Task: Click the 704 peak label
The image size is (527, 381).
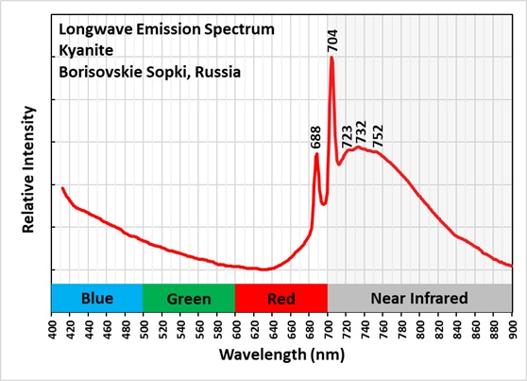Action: pyautogui.click(x=332, y=40)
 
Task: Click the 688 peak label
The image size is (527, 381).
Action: pyautogui.click(x=316, y=139)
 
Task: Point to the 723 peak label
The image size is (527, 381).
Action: pyautogui.click(x=347, y=133)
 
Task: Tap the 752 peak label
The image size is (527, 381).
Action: pyautogui.click(x=379, y=134)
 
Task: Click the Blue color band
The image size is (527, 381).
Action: pyautogui.click(x=96, y=299)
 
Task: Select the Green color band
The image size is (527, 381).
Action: pyautogui.click(x=189, y=299)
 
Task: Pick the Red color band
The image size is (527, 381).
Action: pyautogui.click(x=280, y=299)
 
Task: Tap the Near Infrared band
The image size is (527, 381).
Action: pyautogui.click(x=418, y=299)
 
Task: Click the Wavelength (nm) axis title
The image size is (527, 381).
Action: pyautogui.click(x=280, y=355)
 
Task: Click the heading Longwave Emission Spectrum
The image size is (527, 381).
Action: pyautogui.click(x=166, y=29)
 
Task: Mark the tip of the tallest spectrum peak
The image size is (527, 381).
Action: pyautogui.click(x=331, y=58)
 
